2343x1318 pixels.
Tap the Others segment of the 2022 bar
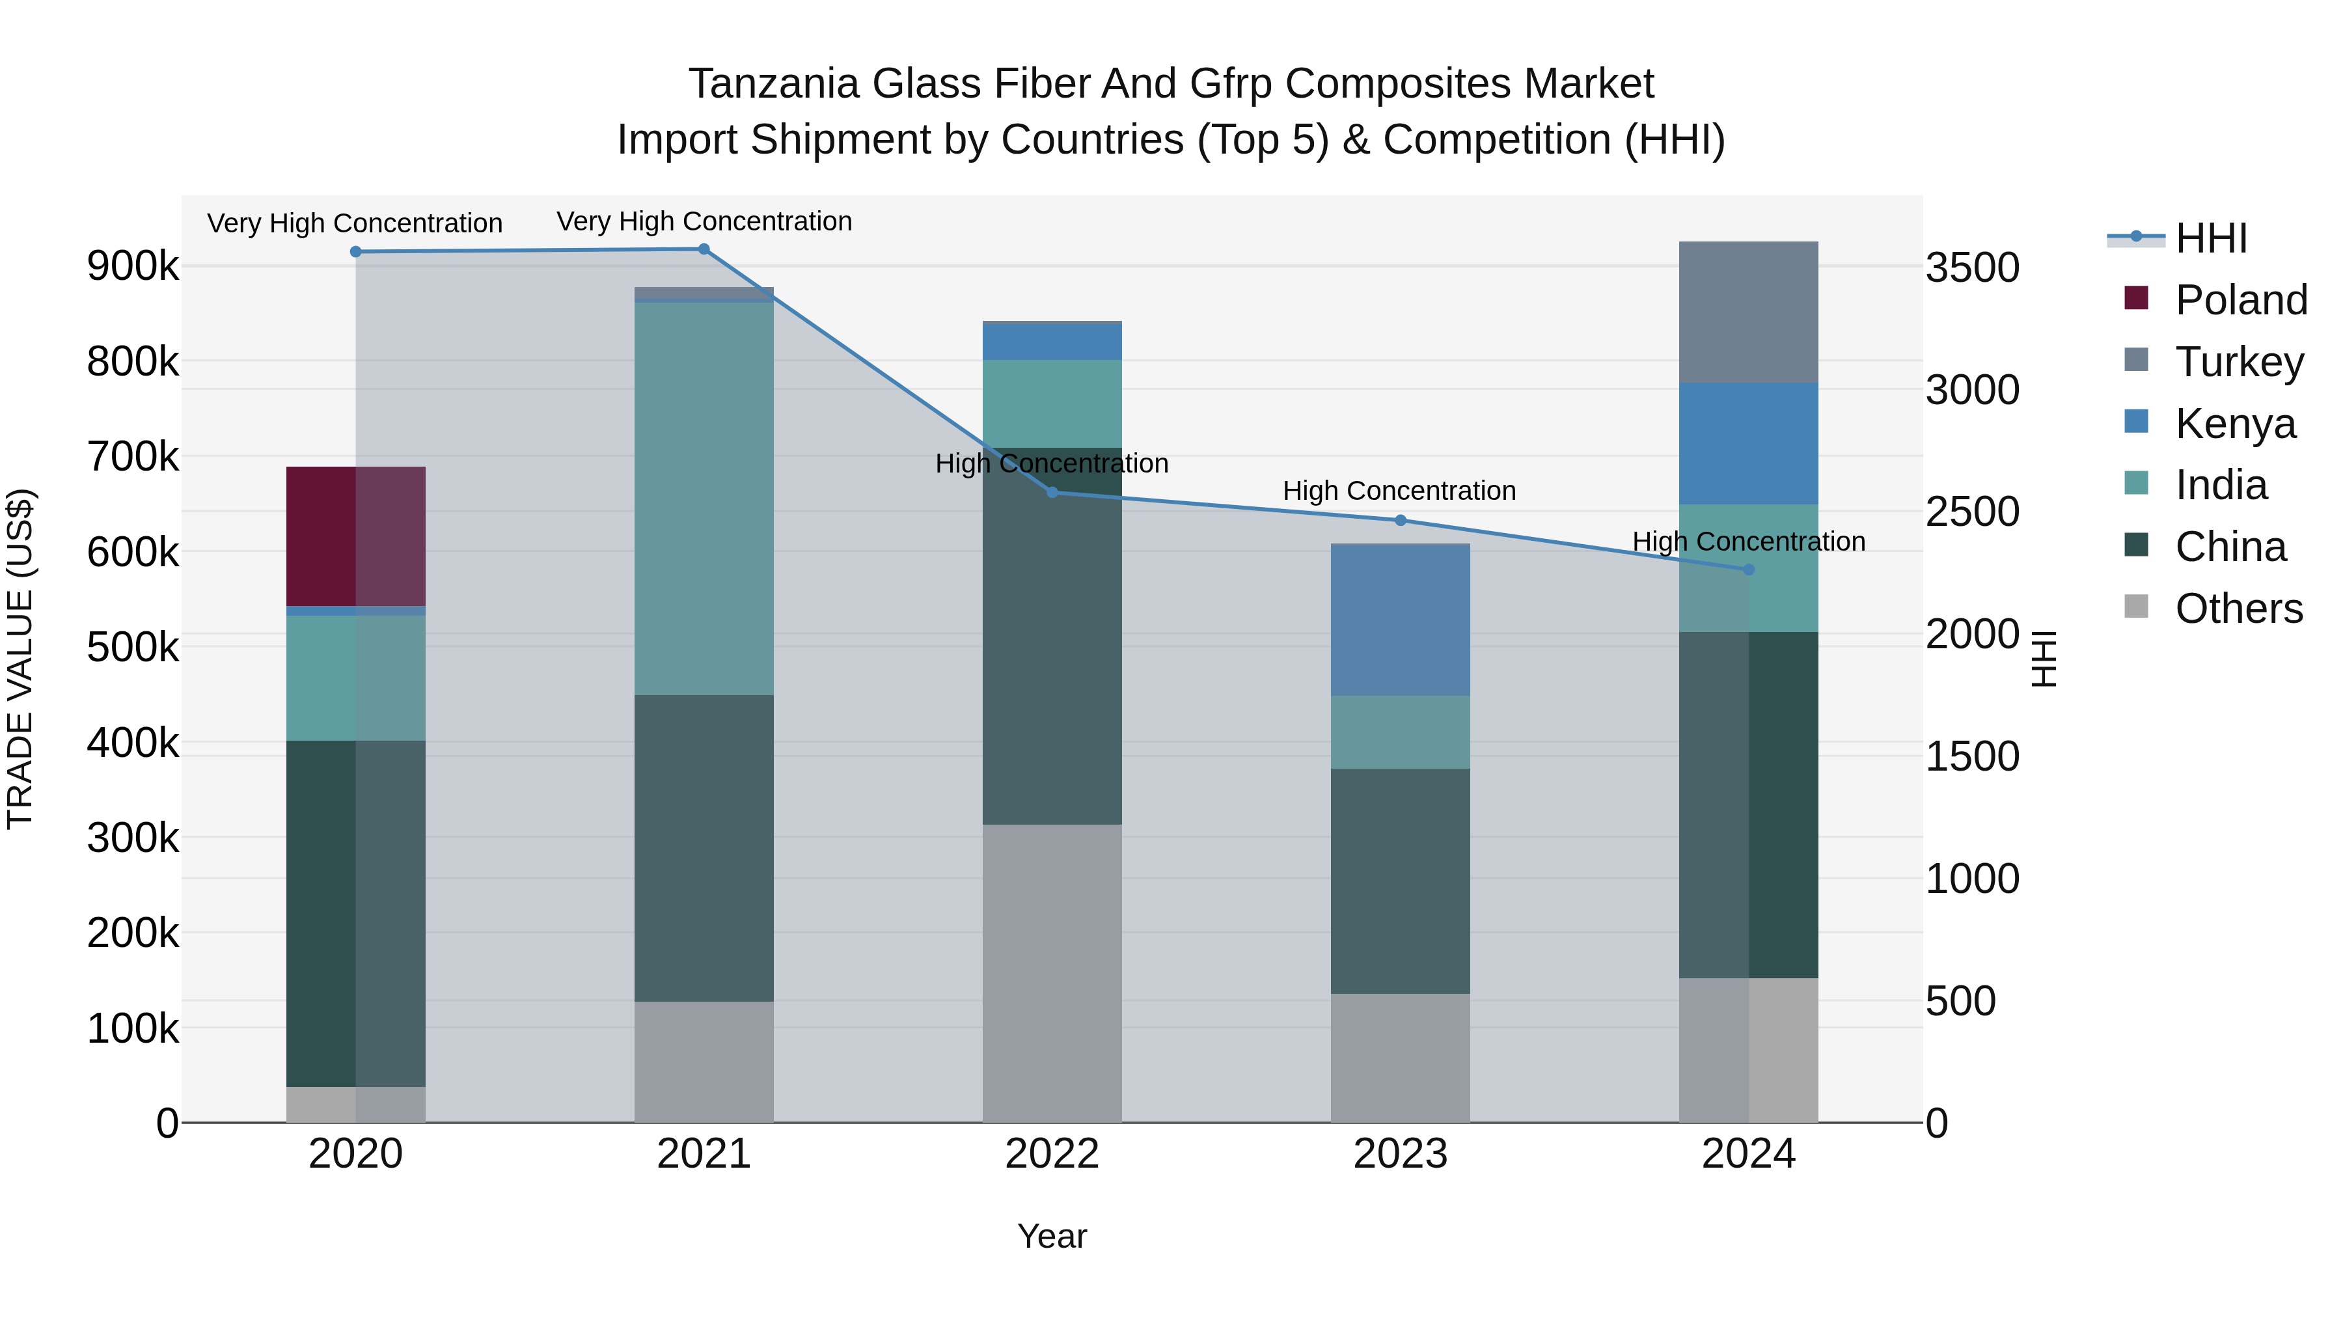1052,972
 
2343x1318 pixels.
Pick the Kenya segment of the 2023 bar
1400,620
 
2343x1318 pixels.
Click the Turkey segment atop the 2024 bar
1747,312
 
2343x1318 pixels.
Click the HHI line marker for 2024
1748,570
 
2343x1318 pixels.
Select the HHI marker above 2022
1052,492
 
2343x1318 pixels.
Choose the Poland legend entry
2240,300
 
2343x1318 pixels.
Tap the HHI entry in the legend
2210,238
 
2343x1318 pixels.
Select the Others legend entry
2238,609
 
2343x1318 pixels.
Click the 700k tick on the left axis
133,457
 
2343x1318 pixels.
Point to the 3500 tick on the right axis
1972,268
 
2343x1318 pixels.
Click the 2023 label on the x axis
1400,1154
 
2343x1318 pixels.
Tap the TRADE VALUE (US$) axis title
20,659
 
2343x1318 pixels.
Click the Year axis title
1052,1236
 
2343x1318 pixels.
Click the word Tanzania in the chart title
773,84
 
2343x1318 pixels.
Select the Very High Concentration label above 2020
355,223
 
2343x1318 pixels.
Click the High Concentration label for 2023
1399,491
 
